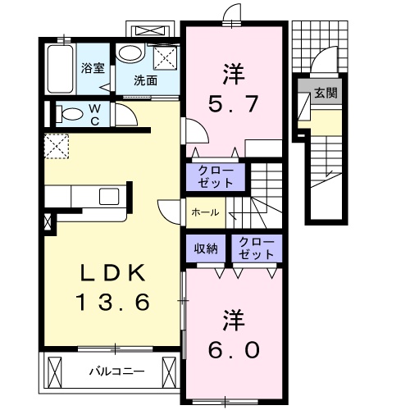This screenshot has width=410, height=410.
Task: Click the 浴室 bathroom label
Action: point(92,69)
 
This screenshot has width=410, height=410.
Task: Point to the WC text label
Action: point(94,114)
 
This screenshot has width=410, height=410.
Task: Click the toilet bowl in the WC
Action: point(69,114)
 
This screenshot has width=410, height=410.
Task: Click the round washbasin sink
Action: point(128,54)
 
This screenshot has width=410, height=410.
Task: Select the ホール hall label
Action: point(204,212)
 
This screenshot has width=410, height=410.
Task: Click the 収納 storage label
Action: point(206,248)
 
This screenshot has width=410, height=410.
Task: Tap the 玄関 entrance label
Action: point(325,93)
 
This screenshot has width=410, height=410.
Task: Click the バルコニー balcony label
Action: point(116,371)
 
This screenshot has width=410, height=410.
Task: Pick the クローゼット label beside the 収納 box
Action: point(255,248)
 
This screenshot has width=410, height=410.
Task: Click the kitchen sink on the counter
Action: point(109,197)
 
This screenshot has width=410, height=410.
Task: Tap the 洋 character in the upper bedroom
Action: point(232,72)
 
